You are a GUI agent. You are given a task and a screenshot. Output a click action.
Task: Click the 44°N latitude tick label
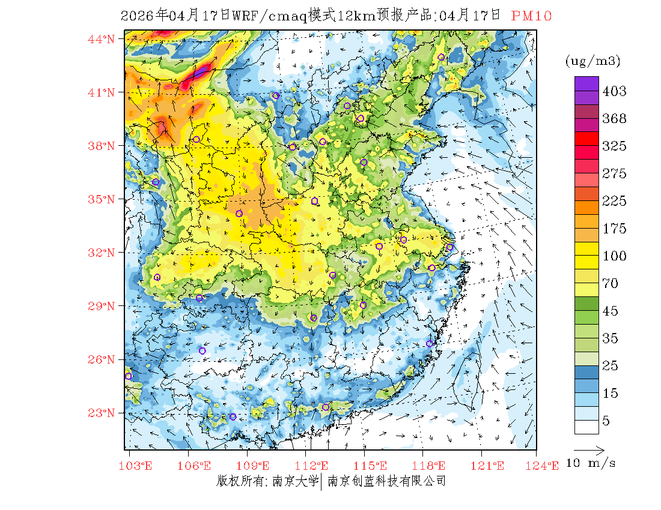pos(101,40)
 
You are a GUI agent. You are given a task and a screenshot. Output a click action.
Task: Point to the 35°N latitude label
pos(101,199)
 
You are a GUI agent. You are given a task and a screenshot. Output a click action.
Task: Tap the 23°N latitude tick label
pos(101,413)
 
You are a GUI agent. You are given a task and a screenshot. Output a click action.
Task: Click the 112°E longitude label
pos(315,466)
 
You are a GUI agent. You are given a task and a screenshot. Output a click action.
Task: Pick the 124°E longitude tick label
pos(544,466)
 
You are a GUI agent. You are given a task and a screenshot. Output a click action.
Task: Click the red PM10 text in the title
pos(531,16)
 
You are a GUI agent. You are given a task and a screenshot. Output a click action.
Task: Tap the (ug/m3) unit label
pos(592,61)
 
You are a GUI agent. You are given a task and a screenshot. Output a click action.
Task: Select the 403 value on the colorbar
pos(615,91)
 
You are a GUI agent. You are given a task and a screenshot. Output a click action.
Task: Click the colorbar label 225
pos(615,201)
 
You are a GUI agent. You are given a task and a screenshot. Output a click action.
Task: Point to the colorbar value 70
pos(611,283)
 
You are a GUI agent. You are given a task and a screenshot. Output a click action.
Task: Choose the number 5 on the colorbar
pos(606,421)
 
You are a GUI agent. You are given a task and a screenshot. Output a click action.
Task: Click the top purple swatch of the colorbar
pos(586,83)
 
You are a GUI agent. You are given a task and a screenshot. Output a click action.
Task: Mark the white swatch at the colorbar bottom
pos(586,427)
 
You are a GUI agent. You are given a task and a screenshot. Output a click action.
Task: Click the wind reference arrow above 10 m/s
pos(589,449)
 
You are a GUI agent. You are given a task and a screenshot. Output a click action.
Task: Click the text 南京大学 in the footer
pos(294,481)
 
